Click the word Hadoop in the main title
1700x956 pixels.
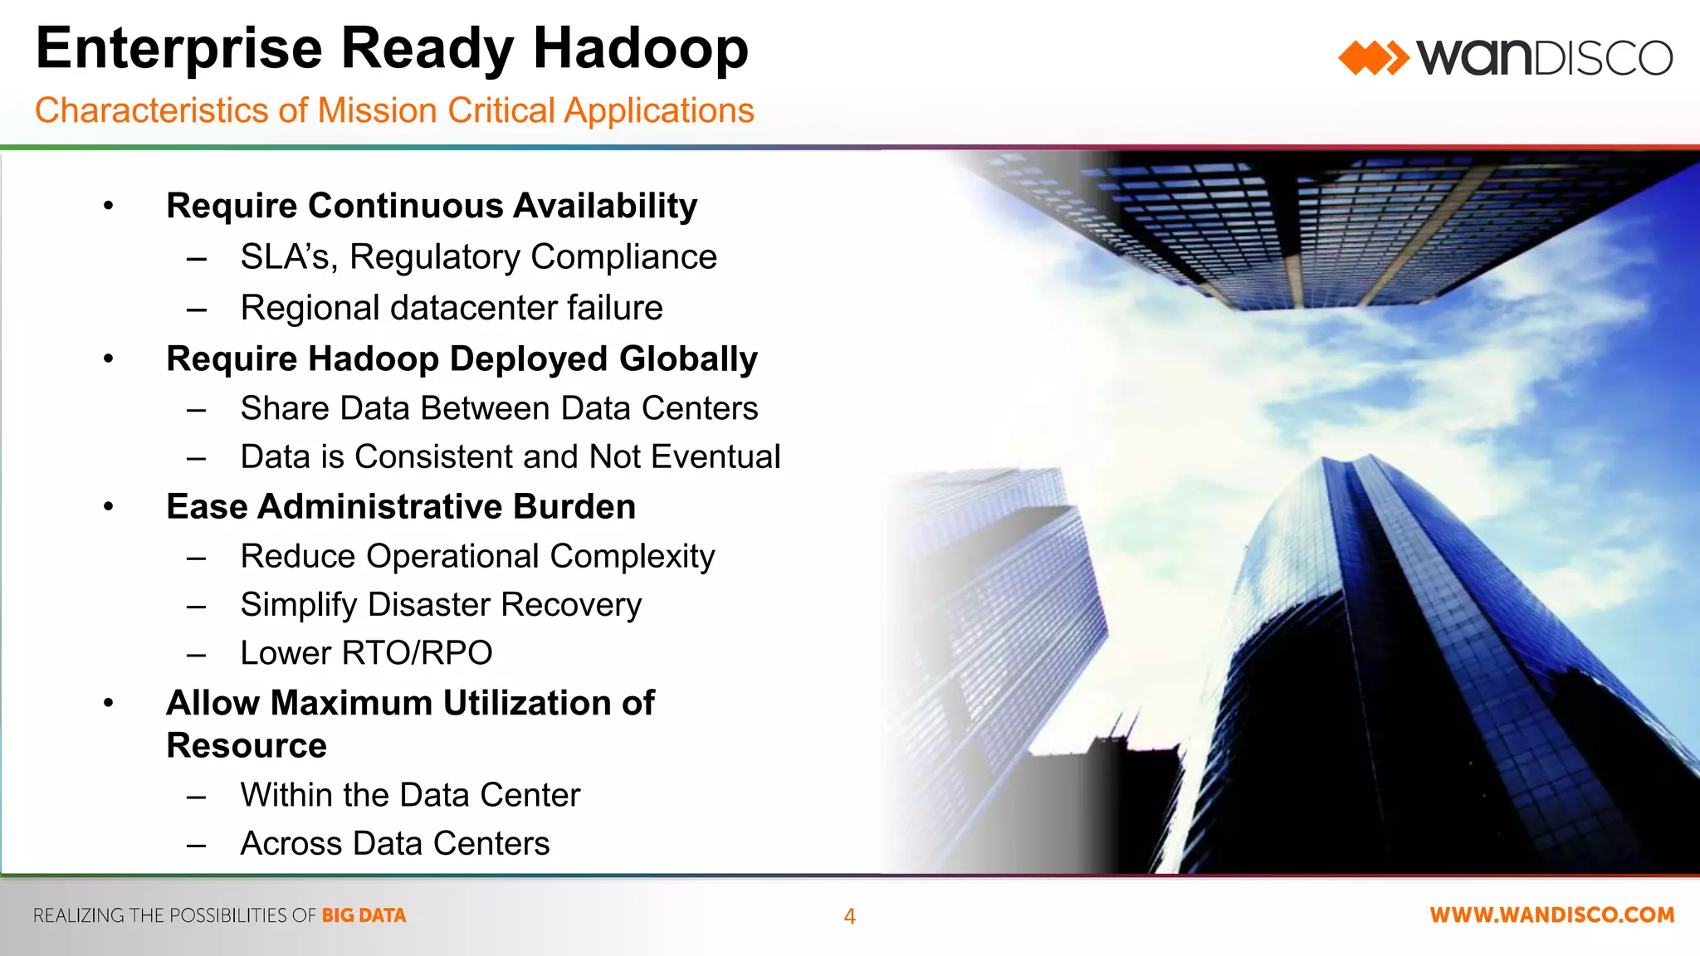(x=640, y=50)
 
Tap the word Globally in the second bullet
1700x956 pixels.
(x=688, y=359)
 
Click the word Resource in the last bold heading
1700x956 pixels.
(x=247, y=746)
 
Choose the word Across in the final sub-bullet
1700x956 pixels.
(x=291, y=844)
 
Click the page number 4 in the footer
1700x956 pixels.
(x=849, y=916)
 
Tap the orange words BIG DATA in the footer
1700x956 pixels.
(x=364, y=915)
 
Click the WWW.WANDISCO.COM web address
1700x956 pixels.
(x=1551, y=915)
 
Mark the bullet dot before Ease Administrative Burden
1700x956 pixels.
(x=108, y=507)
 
